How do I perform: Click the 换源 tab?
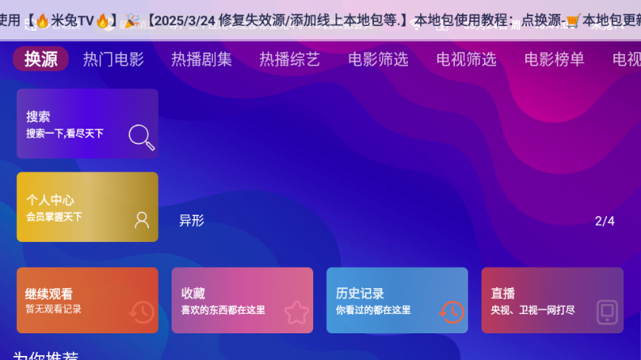[40, 59]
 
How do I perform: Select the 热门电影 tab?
[113, 59]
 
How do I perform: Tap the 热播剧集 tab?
[202, 59]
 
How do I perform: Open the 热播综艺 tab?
[290, 59]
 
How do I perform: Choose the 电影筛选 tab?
[378, 59]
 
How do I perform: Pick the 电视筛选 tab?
[466, 59]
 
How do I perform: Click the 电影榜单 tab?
[554, 59]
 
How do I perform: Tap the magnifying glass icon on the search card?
[142, 137]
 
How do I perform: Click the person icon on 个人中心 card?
[142, 219]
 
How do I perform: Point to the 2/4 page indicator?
[605, 221]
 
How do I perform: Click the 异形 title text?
[192, 221]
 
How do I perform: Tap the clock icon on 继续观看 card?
[142, 311]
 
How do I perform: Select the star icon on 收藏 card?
[296, 311]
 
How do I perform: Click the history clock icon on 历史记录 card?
[451, 311]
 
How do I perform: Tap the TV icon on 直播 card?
[607, 311]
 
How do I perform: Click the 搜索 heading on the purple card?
[38, 116]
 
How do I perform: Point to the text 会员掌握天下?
[54, 217]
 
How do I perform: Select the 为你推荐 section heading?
[45, 356]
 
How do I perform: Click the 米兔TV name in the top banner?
[74, 20]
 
